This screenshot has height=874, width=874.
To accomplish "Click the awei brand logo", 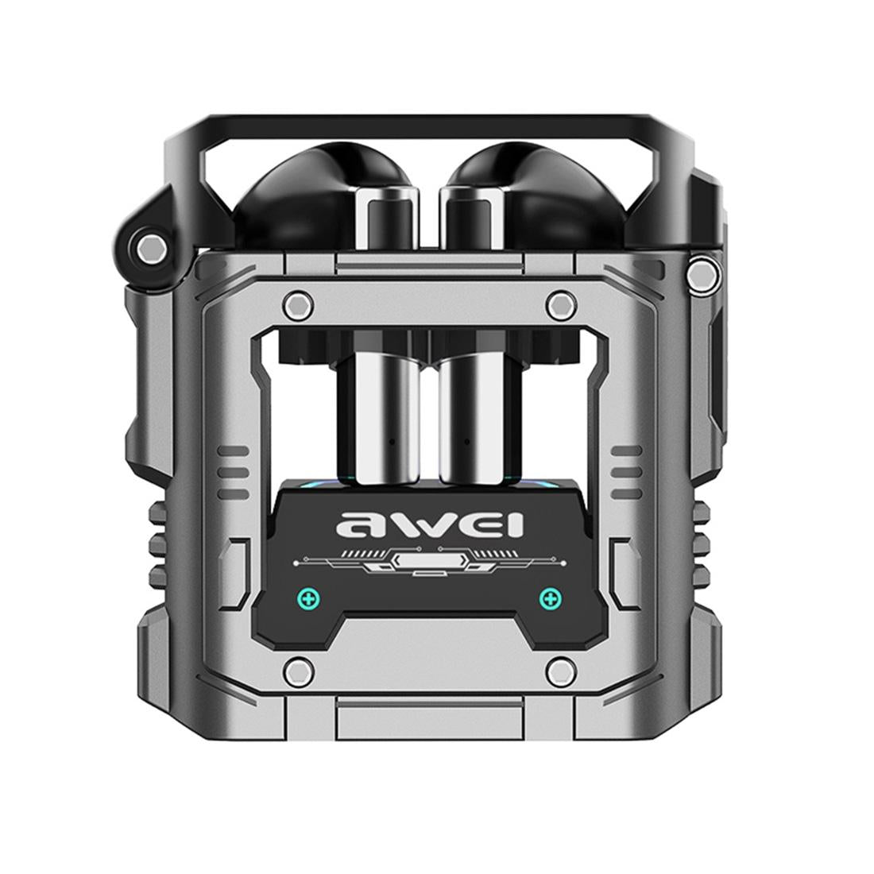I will (x=430, y=524).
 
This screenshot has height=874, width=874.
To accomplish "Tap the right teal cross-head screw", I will (x=549, y=597).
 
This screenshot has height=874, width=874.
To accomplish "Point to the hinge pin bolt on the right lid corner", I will (x=700, y=273).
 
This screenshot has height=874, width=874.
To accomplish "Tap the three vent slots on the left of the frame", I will (x=233, y=470).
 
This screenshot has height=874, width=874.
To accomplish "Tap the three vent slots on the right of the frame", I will (x=626, y=470).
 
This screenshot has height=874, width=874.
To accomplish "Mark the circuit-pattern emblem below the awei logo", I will (x=430, y=563).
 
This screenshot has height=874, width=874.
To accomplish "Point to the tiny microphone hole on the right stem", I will (x=467, y=442).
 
